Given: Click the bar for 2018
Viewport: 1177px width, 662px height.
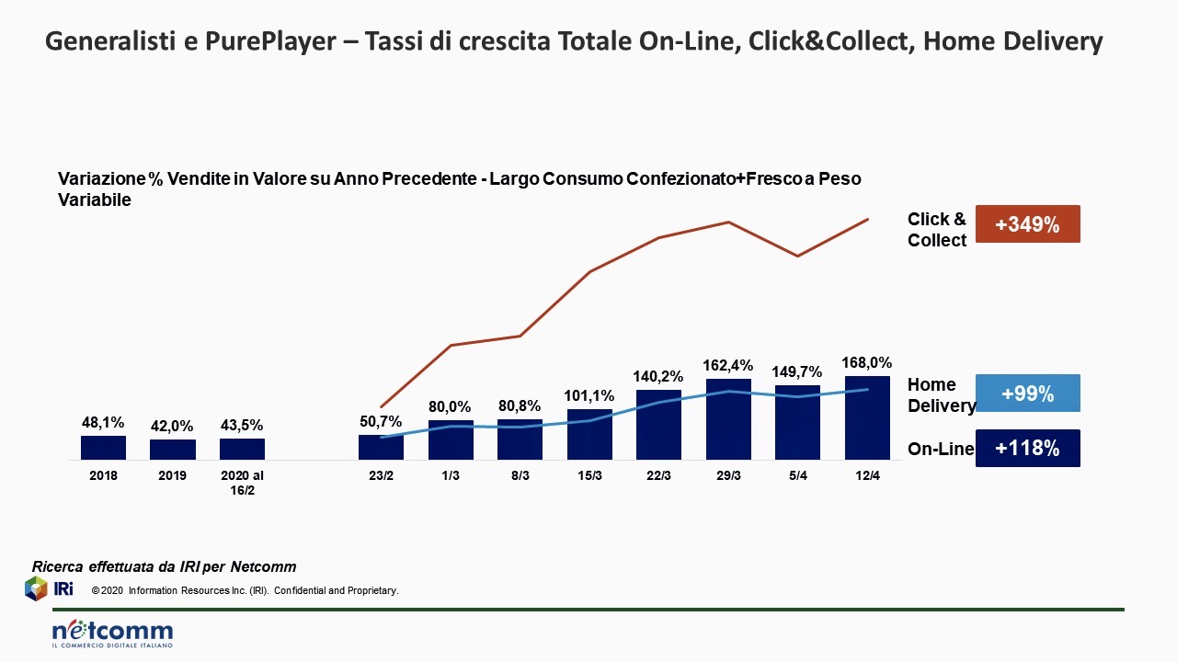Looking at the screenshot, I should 103,448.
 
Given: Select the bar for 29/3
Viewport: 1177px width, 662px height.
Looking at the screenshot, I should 728,419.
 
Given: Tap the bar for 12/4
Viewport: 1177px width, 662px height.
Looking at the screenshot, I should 867,418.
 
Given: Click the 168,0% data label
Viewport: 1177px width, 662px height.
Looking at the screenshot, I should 867,363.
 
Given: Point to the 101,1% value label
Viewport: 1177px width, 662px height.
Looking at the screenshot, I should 589,396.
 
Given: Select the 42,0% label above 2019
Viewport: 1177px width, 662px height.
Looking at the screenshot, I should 172,426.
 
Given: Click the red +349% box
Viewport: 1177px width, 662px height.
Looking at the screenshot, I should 1027,223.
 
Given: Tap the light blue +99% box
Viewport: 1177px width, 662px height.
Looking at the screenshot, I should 1027,394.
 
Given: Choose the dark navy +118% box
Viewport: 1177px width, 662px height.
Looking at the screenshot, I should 1027,449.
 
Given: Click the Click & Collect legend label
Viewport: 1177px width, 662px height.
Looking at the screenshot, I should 937,230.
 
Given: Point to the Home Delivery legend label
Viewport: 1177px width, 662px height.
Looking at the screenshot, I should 940,395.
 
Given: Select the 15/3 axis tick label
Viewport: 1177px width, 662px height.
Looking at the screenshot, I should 589,475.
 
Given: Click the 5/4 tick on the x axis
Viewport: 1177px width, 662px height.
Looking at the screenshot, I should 797,475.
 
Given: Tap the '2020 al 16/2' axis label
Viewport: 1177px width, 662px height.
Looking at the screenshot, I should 242,482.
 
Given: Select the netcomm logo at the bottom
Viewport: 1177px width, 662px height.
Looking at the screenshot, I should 112,633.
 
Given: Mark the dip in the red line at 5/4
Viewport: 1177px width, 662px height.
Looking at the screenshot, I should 797,256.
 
